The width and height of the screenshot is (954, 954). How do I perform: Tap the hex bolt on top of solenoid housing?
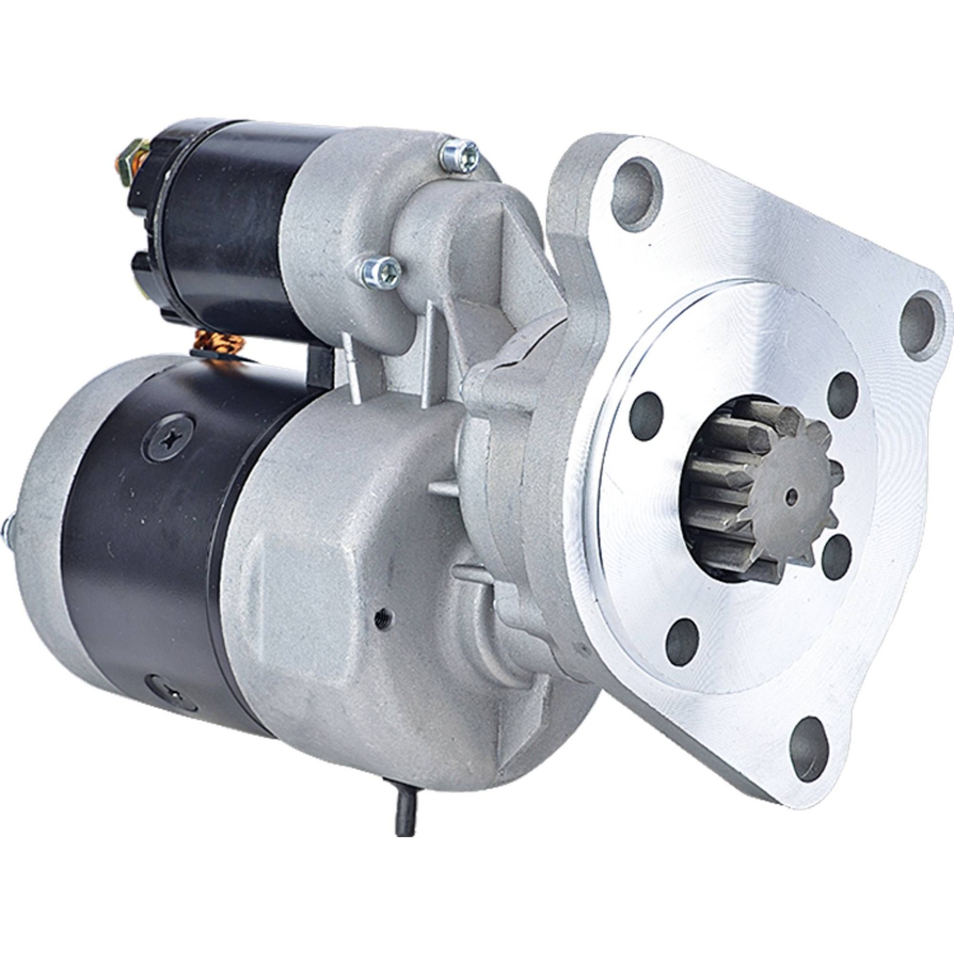click(459, 153)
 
